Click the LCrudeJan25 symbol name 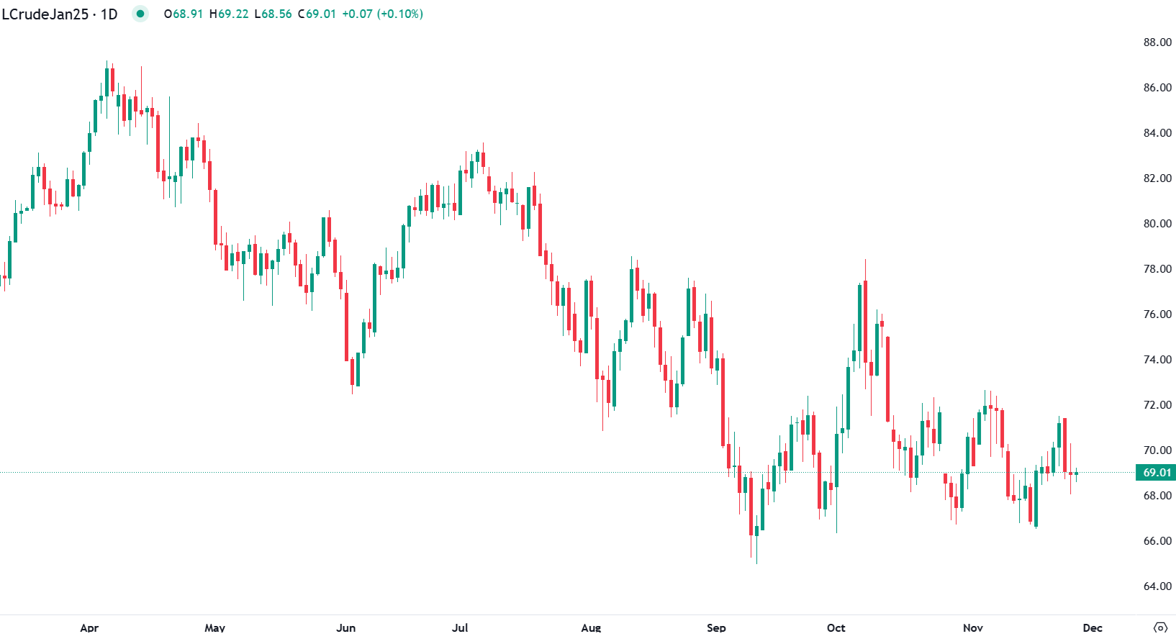[45, 14]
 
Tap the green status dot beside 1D [140, 14]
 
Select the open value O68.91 [184, 14]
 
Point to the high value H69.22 [229, 14]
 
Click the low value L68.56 [273, 14]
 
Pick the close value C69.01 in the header [317, 14]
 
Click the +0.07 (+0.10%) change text [382, 14]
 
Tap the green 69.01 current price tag [1157, 473]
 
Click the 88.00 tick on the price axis [1157, 42]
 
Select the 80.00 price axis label [1157, 224]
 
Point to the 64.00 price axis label [1157, 586]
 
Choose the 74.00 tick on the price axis [1157, 360]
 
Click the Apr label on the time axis [89, 627]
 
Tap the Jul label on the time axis [460, 627]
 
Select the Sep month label [716, 627]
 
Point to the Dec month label [1092, 627]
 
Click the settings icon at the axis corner [1160, 627]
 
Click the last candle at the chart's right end [1076, 473]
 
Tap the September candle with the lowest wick [756, 532]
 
